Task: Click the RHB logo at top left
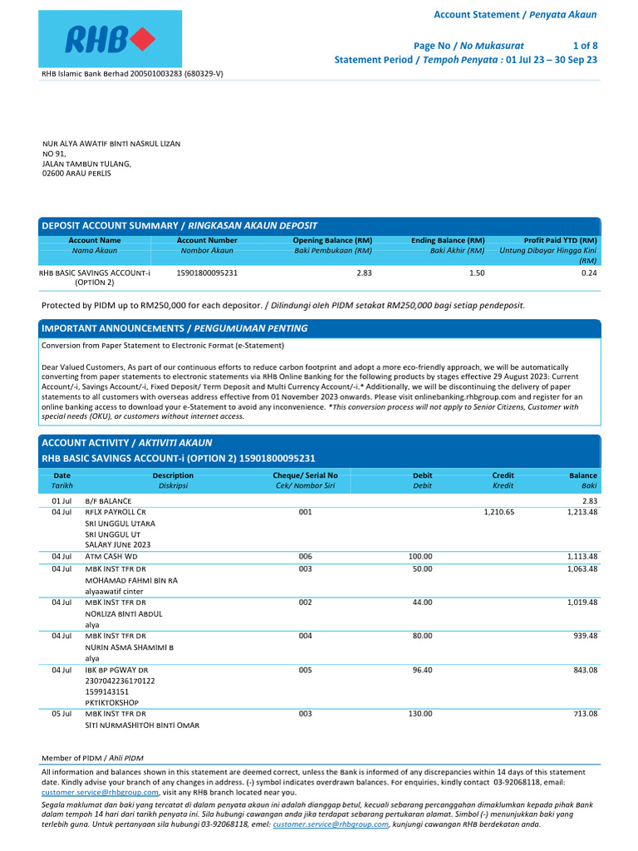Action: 110,38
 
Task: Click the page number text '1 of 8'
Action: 585,45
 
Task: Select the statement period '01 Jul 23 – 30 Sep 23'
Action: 552,60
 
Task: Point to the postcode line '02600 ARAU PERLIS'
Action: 76,173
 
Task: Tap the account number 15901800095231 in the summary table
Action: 207,273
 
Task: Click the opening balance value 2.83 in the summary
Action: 364,273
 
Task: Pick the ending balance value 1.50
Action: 476,273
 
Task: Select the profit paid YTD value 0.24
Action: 589,273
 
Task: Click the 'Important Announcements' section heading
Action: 174,328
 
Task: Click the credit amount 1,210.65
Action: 498,513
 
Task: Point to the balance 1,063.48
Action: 582,569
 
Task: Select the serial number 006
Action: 305,556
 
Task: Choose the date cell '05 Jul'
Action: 62,714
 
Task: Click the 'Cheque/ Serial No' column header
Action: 305,475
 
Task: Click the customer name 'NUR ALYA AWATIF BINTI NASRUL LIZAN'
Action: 111,144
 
